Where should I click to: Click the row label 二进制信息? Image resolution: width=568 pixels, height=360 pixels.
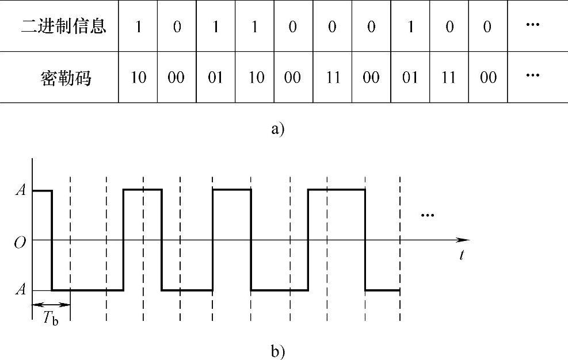[x=64, y=26]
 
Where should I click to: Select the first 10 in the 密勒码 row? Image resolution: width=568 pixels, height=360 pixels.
[x=138, y=77]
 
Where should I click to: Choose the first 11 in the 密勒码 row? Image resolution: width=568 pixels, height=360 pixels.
[x=332, y=77]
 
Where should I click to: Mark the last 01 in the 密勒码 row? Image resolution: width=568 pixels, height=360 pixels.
[x=410, y=77]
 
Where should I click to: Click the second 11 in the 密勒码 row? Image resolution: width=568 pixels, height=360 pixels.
[x=448, y=77]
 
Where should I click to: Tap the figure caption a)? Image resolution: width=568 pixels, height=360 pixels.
[x=277, y=128]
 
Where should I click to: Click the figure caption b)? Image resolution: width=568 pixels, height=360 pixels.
[x=277, y=350]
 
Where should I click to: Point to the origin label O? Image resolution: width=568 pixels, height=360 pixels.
[x=20, y=240]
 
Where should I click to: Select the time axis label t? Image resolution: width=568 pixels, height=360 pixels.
[x=462, y=255]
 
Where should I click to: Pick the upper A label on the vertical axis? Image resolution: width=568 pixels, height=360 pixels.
[x=20, y=190]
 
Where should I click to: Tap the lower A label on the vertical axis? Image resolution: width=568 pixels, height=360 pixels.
[x=20, y=290]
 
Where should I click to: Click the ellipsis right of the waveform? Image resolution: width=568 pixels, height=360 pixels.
[x=427, y=215]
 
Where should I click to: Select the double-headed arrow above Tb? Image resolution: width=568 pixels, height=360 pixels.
[x=51, y=304]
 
